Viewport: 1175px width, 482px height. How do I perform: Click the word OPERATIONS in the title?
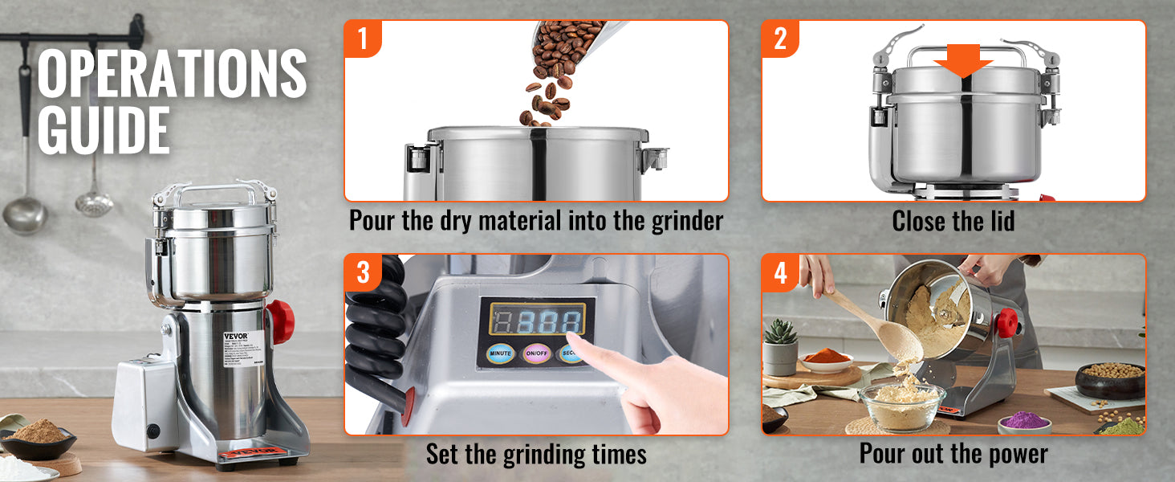coord(172,74)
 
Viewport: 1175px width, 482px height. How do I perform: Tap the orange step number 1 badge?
coord(363,39)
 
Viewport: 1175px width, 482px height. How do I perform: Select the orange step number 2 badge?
coord(780,39)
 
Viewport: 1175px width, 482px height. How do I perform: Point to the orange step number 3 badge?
coord(363,273)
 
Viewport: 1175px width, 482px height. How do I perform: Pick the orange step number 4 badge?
coord(780,273)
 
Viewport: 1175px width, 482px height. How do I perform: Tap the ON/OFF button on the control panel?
coord(535,353)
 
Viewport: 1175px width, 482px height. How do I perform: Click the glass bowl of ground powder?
coord(902,405)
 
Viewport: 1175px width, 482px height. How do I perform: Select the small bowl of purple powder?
coord(1024,421)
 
